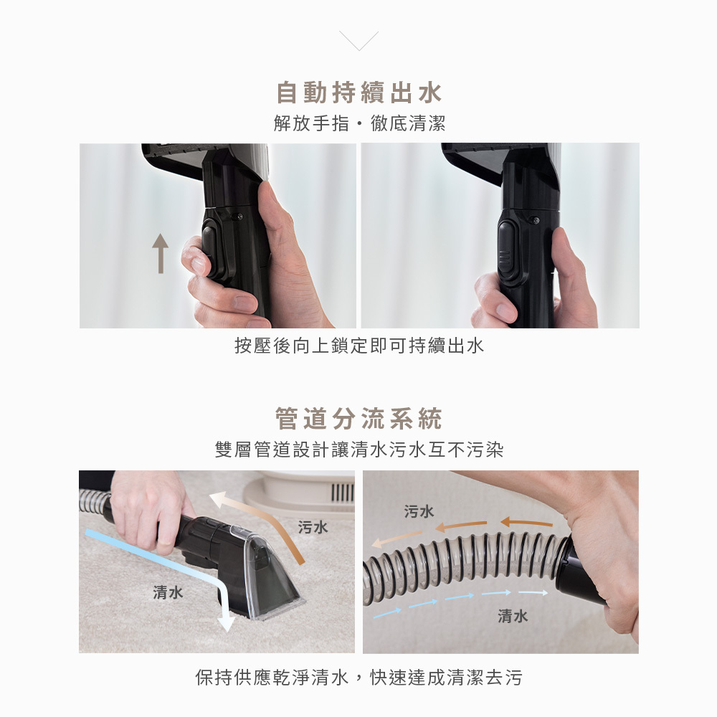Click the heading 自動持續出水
pyautogui.click(x=359, y=92)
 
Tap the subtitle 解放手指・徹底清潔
pyautogui.click(x=359, y=123)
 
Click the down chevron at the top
pyautogui.click(x=359, y=41)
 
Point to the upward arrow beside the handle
pyautogui.click(x=161, y=253)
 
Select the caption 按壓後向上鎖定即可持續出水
pyautogui.click(x=359, y=346)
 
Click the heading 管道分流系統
pyautogui.click(x=359, y=419)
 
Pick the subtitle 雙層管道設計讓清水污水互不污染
pyautogui.click(x=359, y=450)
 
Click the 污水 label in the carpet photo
pyautogui.click(x=313, y=527)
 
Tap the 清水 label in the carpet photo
pyautogui.click(x=168, y=593)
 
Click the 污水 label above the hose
pyautogui.click(x=419, y=511)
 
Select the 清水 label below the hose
pyautogui.click(x=513, y=616)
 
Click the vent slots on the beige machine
pyautogui.click(x=342, y=494)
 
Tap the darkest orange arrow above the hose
pyautogui.click(x=526, y=522)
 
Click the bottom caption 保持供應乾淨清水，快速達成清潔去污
pyautogui.click(x=359, y=678)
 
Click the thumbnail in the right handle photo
pyautogui.click(x=505, y=312)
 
